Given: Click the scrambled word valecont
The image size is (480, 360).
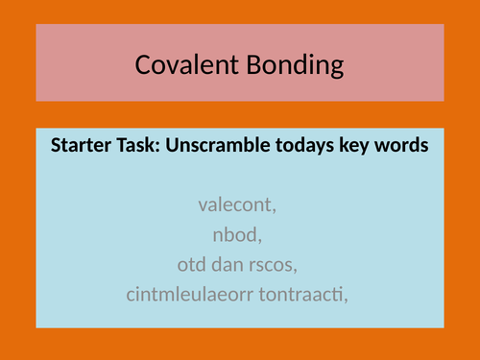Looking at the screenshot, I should click(x=239, y=204).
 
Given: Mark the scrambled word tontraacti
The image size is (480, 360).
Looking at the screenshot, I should click(x=302, y=293).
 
